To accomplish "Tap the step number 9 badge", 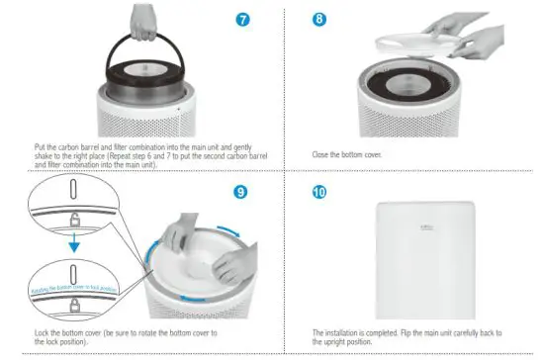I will (x=241, y=190).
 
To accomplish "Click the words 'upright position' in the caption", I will (x=335, y=341).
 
